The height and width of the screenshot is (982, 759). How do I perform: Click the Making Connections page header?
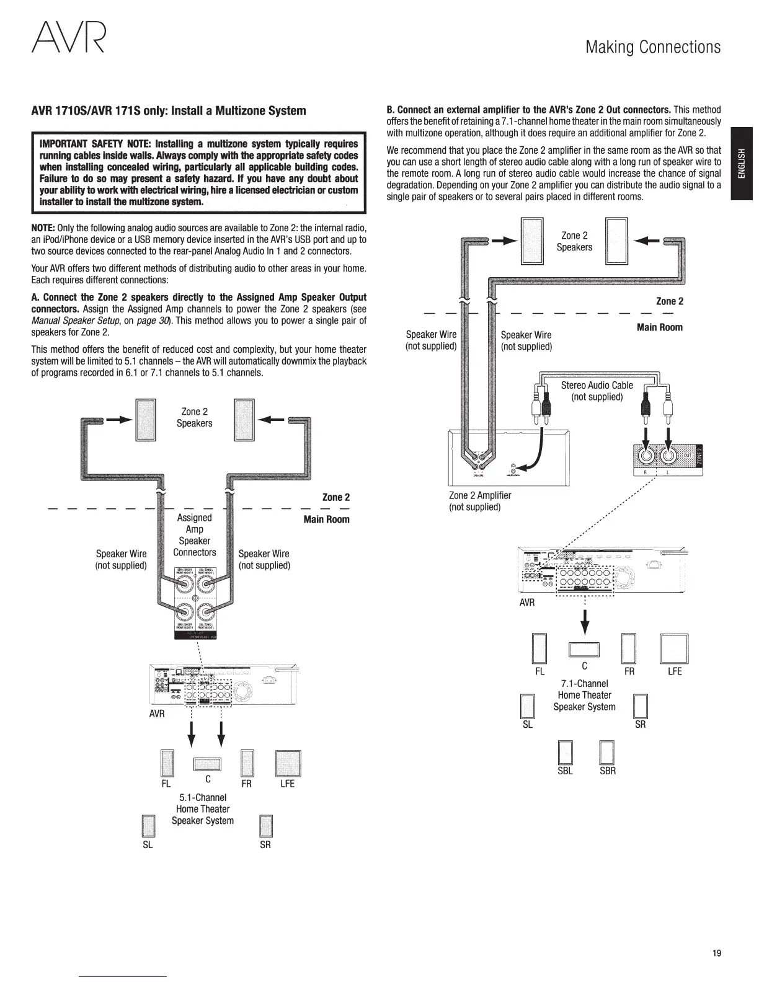(x=653, y=47)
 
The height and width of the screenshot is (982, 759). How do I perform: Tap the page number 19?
(x=717, y=953)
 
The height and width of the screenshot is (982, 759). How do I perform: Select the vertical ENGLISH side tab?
(x=741, y=164)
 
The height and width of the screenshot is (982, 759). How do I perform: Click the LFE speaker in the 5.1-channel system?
(x=288, y=764)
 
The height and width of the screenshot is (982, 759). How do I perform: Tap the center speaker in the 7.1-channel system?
(x=584, y=650)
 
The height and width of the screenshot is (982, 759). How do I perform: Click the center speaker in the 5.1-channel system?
(x=208, y=765)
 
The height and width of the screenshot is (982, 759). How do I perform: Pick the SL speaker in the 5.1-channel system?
(x=148, y=826)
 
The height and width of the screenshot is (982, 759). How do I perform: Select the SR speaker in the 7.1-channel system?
(x=641, y=707)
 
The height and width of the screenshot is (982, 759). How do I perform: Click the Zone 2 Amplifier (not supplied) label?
(x=480, y=501)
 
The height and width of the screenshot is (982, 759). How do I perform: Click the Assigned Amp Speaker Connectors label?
(x=195, y=534)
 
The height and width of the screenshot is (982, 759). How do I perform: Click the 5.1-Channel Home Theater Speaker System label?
(x=203, y=809)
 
